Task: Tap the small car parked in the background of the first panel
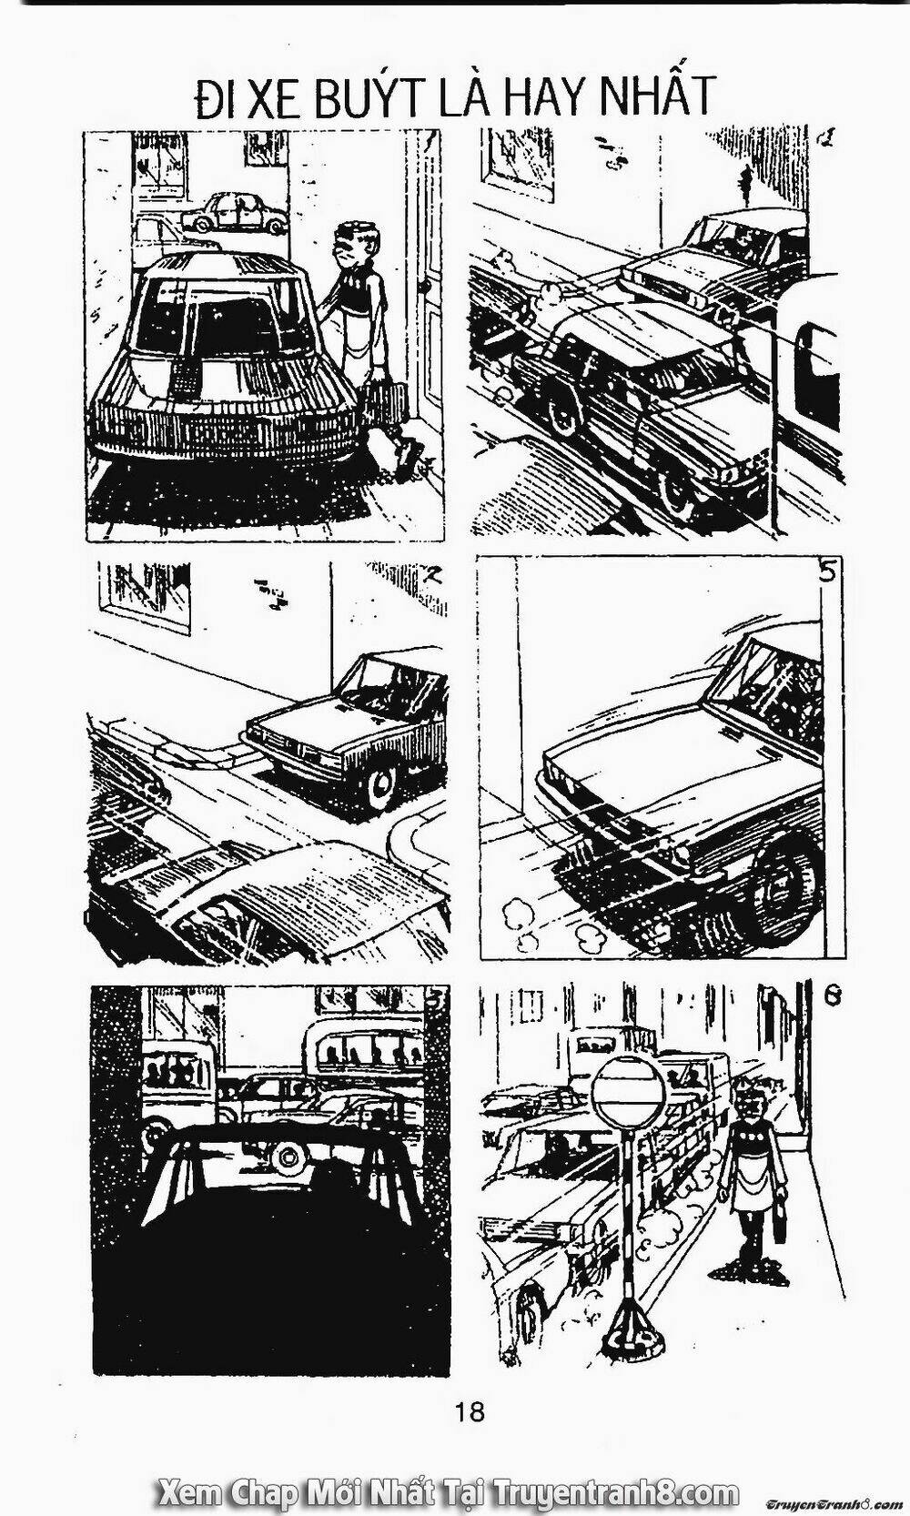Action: tap(234, 213)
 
